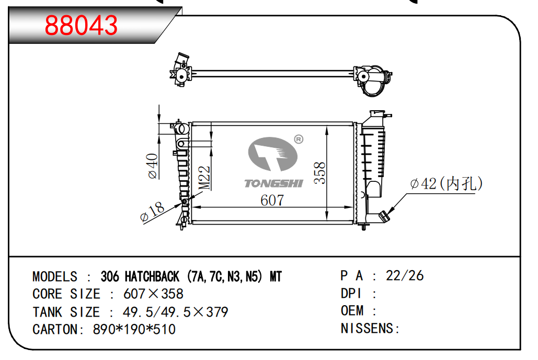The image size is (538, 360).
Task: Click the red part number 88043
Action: (x=82, y=25)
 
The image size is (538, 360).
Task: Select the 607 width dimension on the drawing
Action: (x=272, y=200)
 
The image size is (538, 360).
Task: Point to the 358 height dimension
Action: (x=319, y=173)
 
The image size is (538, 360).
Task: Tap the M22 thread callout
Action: (x=205, y=178)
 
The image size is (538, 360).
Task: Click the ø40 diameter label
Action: (x=152, y=166)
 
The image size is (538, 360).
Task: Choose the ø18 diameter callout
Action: (x=152, y=212)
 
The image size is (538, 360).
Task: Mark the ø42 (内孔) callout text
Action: (x=447, y=184)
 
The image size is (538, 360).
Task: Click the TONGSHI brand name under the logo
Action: (x=273, y=183)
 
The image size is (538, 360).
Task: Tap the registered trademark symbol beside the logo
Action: (x=299, y=140)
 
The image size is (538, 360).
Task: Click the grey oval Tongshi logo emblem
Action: (x=273, y=154)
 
